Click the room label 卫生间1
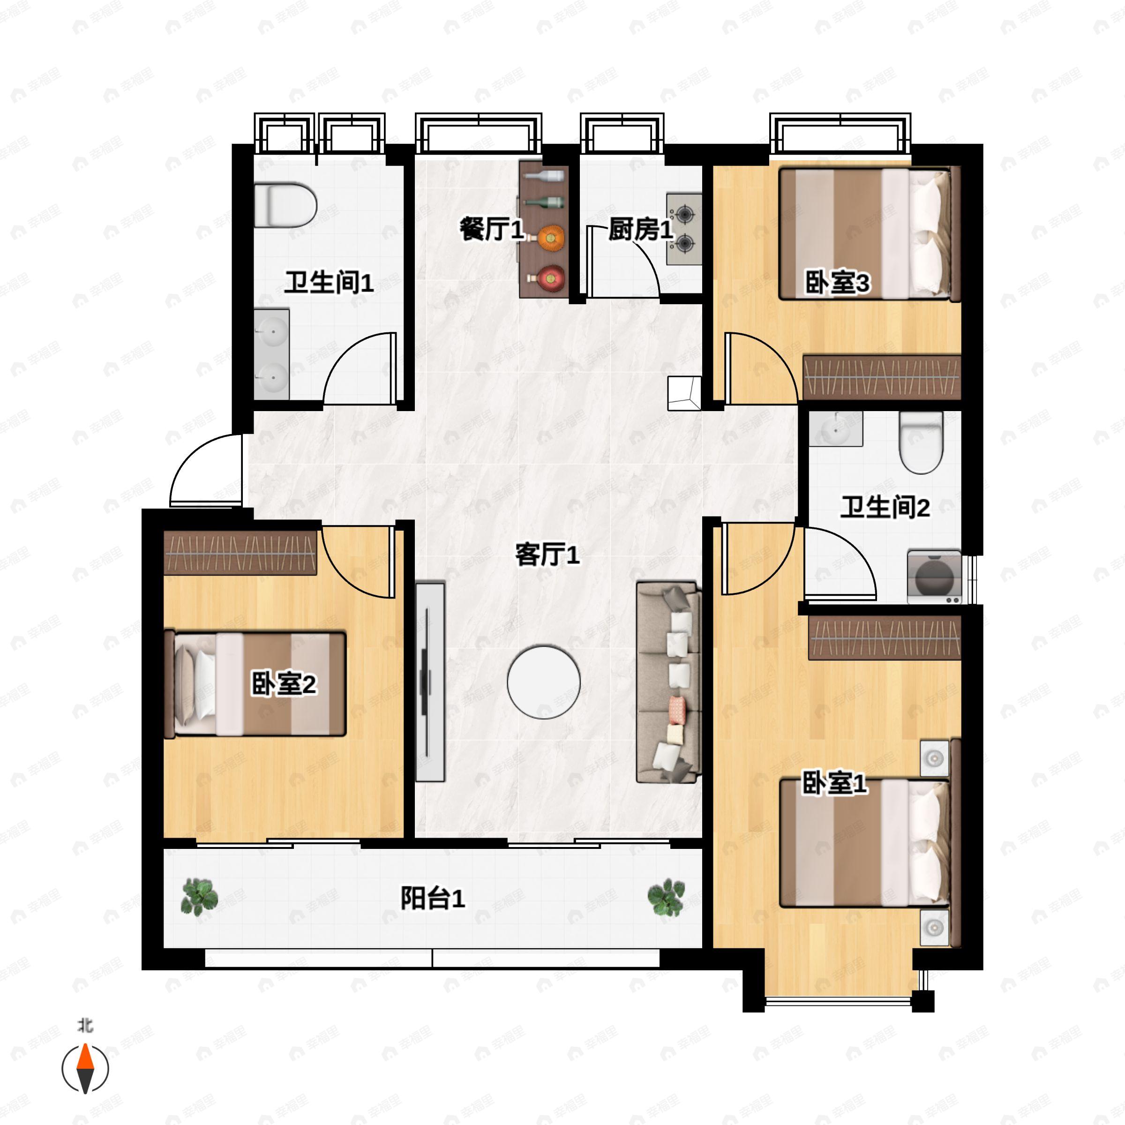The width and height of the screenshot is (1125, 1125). tap(329, 283)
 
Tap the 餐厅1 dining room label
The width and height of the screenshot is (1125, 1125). tap(492, 229)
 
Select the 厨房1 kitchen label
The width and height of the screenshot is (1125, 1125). tap(640, 229)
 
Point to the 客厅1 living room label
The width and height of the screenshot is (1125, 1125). tap(547, 555)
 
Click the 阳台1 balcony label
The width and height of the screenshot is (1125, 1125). tap(433, 898)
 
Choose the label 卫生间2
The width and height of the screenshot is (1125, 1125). tap(885, 507)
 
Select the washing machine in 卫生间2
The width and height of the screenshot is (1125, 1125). tap(935, 577)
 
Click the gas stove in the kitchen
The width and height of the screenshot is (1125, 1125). tap(684, 229)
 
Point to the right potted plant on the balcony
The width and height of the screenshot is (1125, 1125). tap(666, 897)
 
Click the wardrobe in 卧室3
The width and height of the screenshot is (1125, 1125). tap(882, 377)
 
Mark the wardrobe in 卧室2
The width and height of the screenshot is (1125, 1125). tap(240, 553)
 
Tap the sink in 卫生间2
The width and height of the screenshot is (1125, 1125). tap(835, 429)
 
